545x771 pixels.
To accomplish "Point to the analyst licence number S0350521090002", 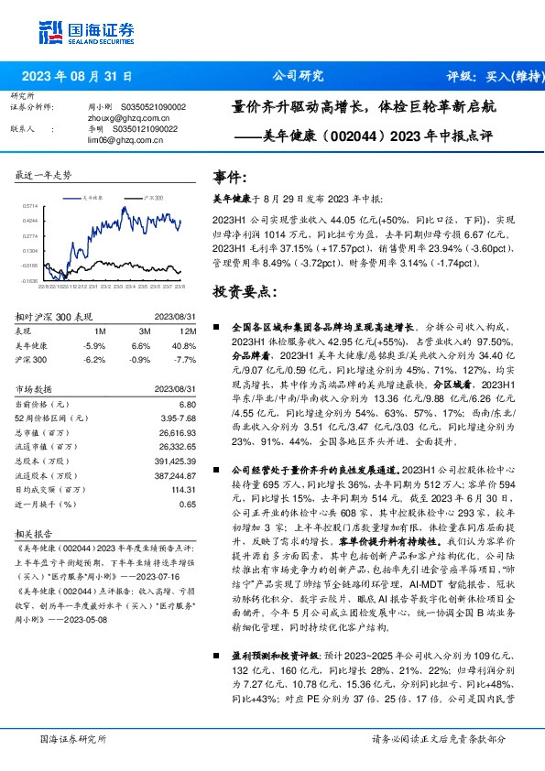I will click(153, 107).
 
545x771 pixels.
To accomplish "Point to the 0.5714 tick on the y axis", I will click(27, 208).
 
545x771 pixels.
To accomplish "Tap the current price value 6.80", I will click(187, 404).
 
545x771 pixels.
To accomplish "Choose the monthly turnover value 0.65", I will click(187, 504).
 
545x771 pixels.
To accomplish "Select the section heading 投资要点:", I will click(243, 291).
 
